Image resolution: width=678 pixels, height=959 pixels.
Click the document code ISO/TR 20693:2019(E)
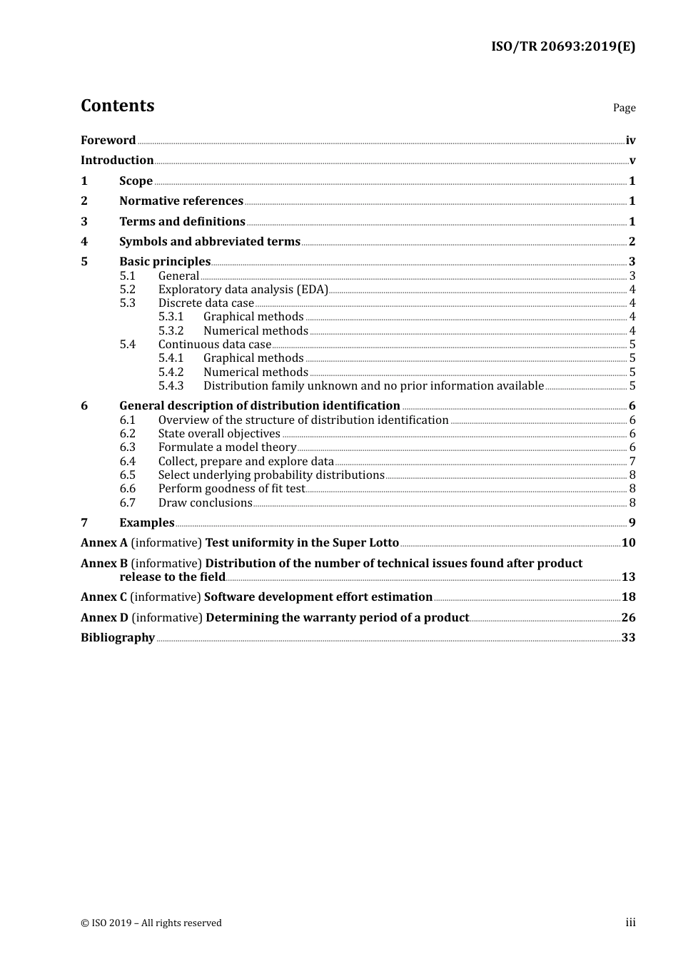pyautogui.click(x=563, y=47)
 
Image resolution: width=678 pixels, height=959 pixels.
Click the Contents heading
pyautogui.click(x=117, y=106)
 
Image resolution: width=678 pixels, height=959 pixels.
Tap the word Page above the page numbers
pyautogui.click(x=624, y=108)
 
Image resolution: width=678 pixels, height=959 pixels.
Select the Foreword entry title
pyautogui.click(x=108, y=141)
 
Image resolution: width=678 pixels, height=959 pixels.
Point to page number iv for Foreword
pyautogui.click(x=630, y=141)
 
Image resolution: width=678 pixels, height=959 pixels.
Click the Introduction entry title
pyautogui.click(x=117, y=161)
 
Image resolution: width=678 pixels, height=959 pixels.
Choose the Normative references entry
pyautogui.click(x=181, y=201)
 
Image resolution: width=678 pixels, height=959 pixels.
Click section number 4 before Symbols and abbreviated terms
pyautogui.click(x=84, y=242)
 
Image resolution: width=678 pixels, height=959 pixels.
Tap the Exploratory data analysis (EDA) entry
pyautogui.click(x=243, y=290)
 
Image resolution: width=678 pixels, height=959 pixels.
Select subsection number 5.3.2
pyautogui.click(x=171, y=331)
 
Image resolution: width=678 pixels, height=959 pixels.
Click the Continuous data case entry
pyautogui.click(x=215, y=345)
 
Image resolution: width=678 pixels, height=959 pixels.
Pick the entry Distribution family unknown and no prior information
pyautogui.click(x=373, y=386)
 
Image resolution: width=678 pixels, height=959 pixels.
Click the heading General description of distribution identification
pyautogui.click(x=259, y=406)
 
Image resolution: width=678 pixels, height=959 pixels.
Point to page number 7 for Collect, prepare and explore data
pyautogui.click(x=632, y=462)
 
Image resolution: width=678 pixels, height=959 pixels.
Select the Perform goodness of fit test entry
pyautogui.click(x=231, y=489)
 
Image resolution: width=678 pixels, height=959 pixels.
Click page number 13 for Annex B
pyautogui.click(x=628, y=577)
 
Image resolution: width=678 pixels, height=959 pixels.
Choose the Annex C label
pyautogui.click(x=103, y=597)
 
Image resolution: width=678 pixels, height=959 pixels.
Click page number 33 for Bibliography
pyautogui.click(x=628, y=638)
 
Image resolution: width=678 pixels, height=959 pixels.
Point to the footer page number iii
pyautogui.click(x=630, y=923)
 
